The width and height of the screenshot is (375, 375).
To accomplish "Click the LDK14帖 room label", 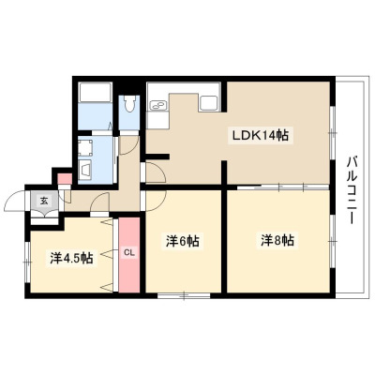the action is click(x=260, y=135).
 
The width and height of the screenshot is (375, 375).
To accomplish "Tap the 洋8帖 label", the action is click(x=277, y=240).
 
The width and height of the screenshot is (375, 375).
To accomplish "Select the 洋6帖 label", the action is click(x=183, y=241).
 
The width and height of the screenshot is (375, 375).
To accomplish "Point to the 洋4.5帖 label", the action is click(x=71, y=258).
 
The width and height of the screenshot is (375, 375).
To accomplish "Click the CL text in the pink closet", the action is click(x=129, y=252).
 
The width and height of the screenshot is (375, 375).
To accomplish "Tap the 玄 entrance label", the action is click(x=44, y=201).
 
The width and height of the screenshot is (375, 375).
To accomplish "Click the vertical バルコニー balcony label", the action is click(x=352, y=189).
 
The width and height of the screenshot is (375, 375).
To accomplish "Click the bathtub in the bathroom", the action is click(x=95, y=92).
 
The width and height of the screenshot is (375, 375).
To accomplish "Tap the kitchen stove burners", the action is click(x=159, y=105).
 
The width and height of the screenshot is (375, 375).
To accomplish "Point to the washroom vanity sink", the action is click(x=85, y=171).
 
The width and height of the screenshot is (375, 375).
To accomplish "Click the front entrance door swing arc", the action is click(x=12, y=198).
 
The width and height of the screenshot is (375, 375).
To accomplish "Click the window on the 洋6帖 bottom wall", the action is click(x=184, y=295).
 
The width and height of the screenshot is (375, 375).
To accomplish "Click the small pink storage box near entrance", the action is click(x=66, y=178).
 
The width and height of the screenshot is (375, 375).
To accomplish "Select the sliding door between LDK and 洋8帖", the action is click(x=283, y=187).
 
